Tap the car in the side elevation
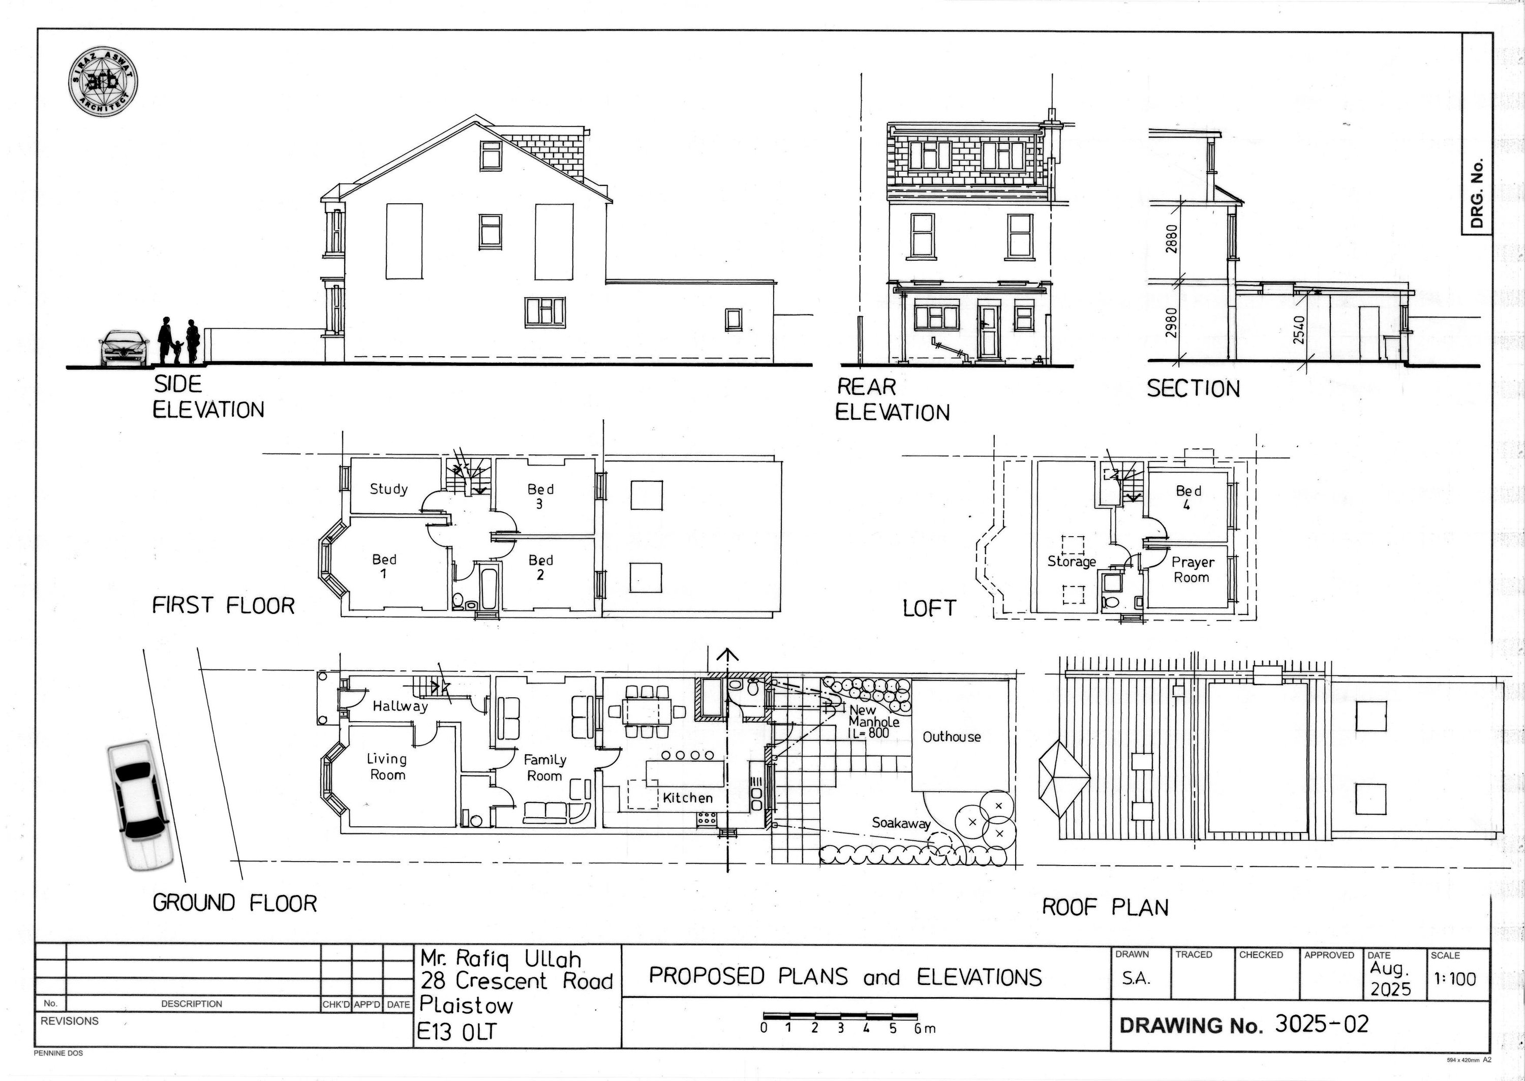coord(124,348)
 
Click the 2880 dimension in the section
coord(1172,239)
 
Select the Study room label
coord(389,489)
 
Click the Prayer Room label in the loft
coord(1192,570)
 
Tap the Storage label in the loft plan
coord(1072,562)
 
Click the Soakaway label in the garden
coord(901,823)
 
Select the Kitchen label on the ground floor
coord(688,798)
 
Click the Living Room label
coord(387,767)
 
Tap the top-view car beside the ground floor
coord(139,806)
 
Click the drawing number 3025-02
coord(1321,1024)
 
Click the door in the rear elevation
coord(989,330)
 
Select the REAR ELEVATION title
coord(892,399)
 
